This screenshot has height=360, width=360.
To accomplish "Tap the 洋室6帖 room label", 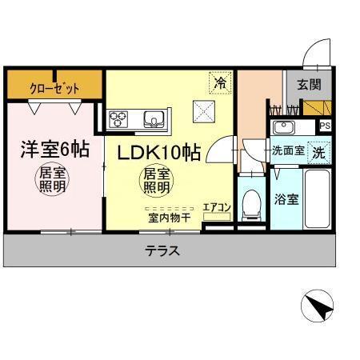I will (x=54, y=149).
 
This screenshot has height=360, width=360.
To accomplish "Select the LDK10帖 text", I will (x=159, y=152).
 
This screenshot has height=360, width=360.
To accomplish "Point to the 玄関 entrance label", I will (x=308, y=84).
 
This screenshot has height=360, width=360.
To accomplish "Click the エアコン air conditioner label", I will (x=217, y=208).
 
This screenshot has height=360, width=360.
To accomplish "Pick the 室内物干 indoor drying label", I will (x=167, y=216).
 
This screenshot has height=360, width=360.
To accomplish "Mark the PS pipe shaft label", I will (x=325, y=126).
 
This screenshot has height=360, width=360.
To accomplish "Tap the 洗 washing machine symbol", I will (x=318, y=150).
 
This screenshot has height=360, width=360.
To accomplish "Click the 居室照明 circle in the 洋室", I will (x=54, y=181).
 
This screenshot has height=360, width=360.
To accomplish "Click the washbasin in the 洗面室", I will (x=282, y=128).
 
